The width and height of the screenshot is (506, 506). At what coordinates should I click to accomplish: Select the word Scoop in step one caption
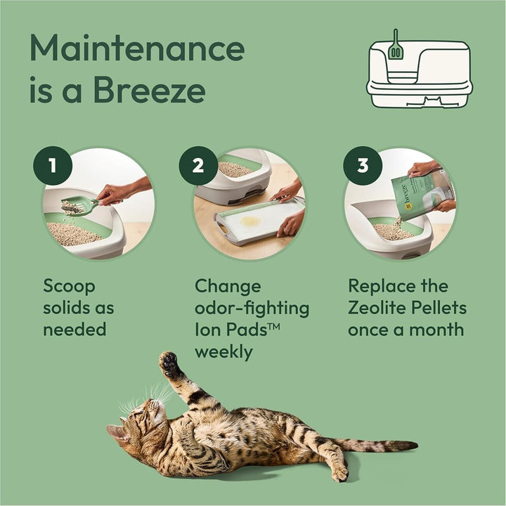tap(69, 287)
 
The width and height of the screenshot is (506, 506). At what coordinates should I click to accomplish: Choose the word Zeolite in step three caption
tap(382, 308)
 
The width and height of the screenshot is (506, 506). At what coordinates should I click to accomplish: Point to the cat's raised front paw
tap(169, 363)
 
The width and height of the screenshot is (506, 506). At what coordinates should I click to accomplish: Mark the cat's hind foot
tap(339, 472)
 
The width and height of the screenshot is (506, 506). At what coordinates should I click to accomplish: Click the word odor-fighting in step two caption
tap(252, 308)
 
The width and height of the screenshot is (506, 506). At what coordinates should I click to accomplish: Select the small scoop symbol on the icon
tap(396, 45)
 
